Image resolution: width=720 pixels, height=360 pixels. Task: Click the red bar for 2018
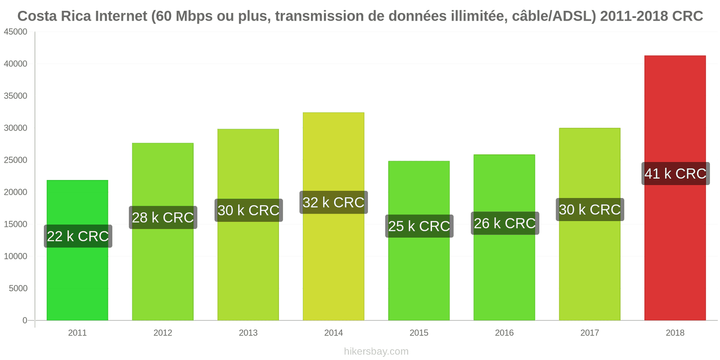pos(675,188)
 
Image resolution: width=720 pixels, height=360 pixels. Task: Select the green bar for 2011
pos(77,250)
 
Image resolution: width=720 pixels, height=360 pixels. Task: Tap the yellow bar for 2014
pos(333,216)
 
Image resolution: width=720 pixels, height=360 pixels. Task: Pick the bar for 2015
pos(419,241)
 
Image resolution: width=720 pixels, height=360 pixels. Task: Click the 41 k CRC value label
pos(675,174)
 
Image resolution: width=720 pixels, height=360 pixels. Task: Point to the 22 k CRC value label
pos(78,236)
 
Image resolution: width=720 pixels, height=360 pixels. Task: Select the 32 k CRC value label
pos(333,202)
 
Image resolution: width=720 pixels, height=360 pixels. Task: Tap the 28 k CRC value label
pos(163,218)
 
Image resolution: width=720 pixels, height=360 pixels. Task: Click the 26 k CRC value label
pos(505,223)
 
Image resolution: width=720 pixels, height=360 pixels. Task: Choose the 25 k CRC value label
pos(419,226)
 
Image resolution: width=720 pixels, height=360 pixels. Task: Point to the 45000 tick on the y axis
pos(15,32)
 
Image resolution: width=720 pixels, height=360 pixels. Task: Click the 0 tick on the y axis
pos(25,320)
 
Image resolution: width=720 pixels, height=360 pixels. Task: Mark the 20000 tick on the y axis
pos(15,192)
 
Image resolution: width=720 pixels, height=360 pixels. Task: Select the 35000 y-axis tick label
pos(15,96)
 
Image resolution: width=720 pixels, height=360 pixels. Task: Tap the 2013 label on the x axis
pos(248,333)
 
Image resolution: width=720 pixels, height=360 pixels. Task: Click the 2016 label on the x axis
pos(504,333)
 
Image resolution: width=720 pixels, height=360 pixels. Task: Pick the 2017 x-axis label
pos(590,333)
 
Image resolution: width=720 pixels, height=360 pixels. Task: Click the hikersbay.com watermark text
pos(376,351)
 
